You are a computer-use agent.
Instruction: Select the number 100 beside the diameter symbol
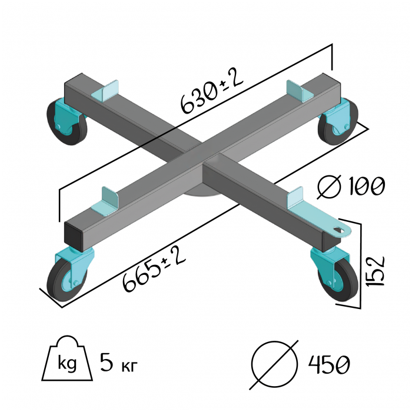[x=365, y=186]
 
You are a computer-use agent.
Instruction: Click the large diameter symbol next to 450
[x=274, y=364]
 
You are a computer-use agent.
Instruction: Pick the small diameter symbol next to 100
[x=330, y=187]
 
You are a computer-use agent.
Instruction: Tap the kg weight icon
[x=66, y=360]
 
